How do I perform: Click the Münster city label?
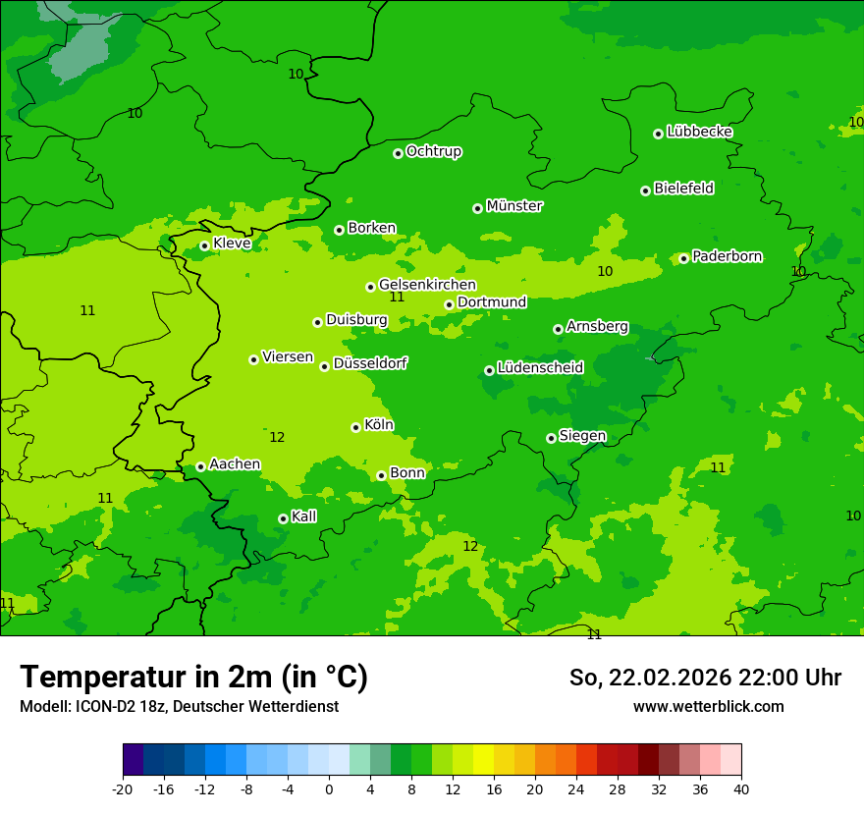514,206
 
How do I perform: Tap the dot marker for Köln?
355,427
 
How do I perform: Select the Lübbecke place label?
699,132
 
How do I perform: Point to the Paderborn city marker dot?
683,258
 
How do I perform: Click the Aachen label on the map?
235,464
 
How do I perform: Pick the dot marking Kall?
283,518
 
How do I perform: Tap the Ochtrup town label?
434,151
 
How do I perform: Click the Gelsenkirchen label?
427,285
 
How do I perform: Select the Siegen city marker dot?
551,438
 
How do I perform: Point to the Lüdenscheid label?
540,368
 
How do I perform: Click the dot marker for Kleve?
204,245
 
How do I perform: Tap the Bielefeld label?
683,188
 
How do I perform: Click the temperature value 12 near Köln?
277,437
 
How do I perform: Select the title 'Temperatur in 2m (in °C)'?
193,678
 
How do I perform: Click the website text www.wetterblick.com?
708,707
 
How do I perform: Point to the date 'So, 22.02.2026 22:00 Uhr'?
705,678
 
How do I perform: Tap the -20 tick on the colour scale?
123,788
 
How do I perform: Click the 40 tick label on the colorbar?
741,788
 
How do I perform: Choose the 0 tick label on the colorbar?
329,788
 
